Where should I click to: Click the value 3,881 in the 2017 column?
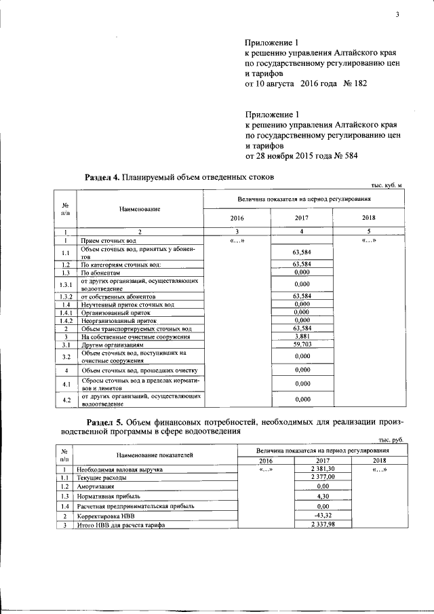302,337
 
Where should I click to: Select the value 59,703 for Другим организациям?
302,344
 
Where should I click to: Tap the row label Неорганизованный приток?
114,321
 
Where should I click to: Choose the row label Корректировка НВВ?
106,516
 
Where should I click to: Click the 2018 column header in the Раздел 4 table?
369,218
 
